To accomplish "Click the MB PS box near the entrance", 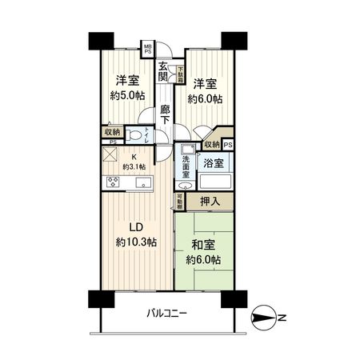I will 147,49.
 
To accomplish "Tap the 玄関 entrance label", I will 163,71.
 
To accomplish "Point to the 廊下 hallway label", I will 166,114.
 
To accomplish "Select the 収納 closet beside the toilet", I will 111,132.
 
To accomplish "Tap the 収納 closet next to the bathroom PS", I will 211,144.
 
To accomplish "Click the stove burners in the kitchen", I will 110,182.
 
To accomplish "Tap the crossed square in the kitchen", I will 110,157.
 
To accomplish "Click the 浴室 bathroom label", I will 213,163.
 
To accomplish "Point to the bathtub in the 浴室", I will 214,182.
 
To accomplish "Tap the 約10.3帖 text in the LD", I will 136,240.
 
